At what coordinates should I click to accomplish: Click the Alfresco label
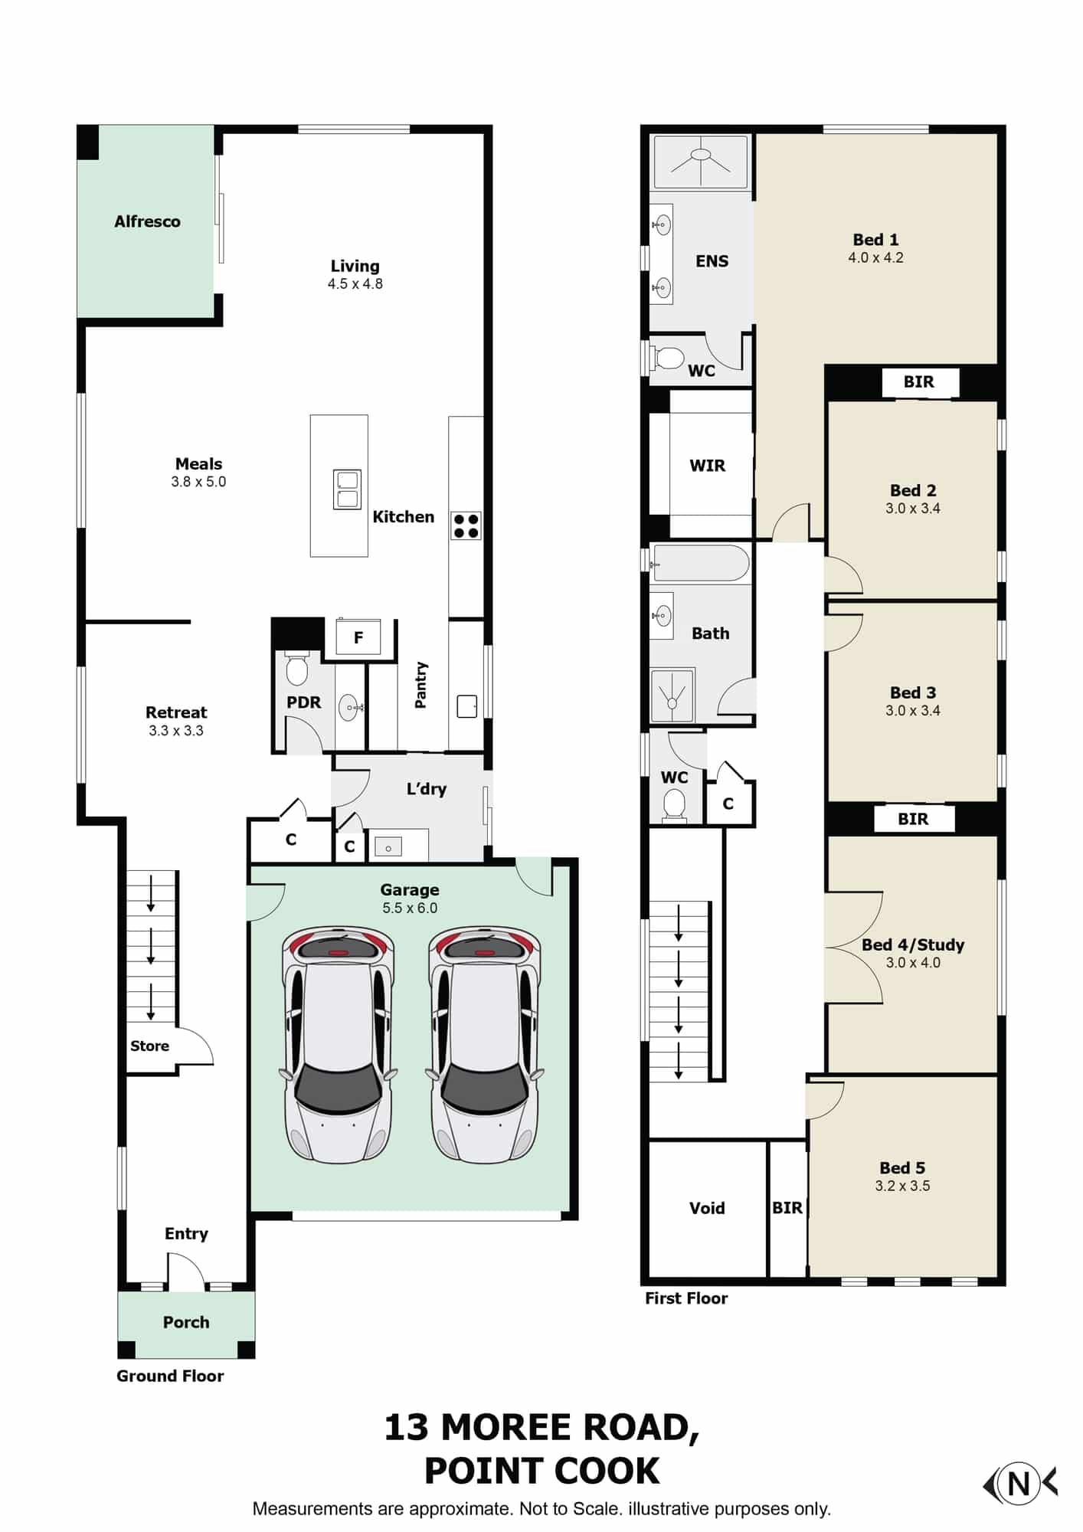pyautogui.click(x=147, y=221)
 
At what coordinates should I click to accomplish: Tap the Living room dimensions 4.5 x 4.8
pyautogui.click(x=355, y=283)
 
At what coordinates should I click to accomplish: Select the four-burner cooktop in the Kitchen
pyautogui.click(x=466, y=525)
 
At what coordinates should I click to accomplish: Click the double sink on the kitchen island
pyautogui.click(x=347, y=489)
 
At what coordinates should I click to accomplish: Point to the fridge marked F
pyautogui.click(x=358, y=637)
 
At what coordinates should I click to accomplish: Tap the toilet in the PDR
pyautogui.click(x=296, y=669)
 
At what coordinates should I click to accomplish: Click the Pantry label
pyautogui.click(x=420, y=685)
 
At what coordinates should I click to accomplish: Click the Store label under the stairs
pyautogui.click(x=149, y=1046)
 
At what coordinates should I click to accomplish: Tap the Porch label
pyautogui.click(x=185, y=1321)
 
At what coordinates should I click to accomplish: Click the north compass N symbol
pyautogui.click(x=1019, y=1484)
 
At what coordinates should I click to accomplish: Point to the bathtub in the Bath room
pyautogui.click(x=700, y=563)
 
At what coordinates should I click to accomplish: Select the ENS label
pyautogui.click(x=712, y=261)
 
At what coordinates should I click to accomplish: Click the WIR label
pyautogui.click(x=707, y=466)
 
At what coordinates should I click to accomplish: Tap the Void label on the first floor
pyautogui.click(x=706, y=1208)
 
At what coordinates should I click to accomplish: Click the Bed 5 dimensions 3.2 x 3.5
pyautogui.click(x=902, y=1186)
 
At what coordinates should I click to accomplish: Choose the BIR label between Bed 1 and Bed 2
pyautogui.click(x=918, y=381)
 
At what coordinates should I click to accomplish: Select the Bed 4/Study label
pyautogui.click(x=913, y=944)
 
